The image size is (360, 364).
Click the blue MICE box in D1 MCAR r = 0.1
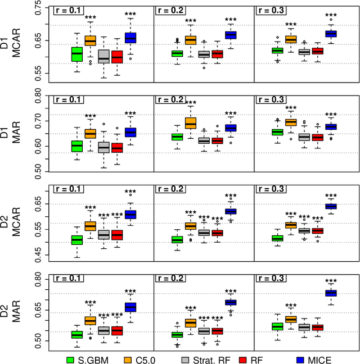130,38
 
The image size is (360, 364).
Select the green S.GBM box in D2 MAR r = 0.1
76,335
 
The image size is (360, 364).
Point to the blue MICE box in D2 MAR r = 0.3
331,293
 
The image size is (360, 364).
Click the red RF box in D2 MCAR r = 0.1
117,235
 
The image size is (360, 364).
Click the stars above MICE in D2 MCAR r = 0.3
331,194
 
